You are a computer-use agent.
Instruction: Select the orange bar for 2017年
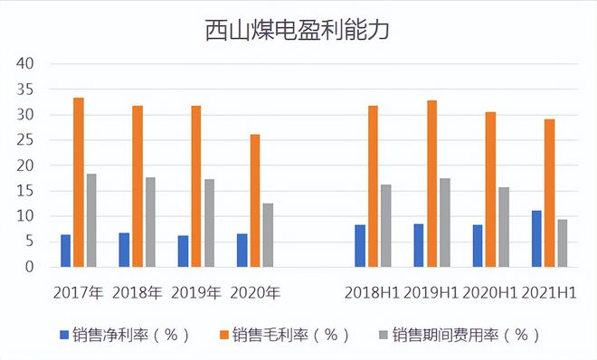(x=79, y=182)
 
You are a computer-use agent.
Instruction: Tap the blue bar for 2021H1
(x=536, y=239)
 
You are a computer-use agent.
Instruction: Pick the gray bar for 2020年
(x=269, y=235)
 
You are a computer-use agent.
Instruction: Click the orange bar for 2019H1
(x=431, y=184)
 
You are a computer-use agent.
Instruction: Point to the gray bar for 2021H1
(x=562, y=243)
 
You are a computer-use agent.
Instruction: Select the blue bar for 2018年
(x=125, y=250)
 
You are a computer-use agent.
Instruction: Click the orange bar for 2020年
(x=255, y=201)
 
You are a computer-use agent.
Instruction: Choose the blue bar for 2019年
(x=184, y=251)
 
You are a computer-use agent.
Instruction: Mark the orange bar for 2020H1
(x=490, y=189)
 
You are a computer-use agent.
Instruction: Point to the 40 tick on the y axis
(x=24, y=64)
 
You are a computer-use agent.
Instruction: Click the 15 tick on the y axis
(x=24, y=191)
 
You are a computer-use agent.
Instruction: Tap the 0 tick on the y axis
(x=29, y=267)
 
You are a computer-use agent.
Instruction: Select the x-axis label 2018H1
(x=372, y=293)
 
